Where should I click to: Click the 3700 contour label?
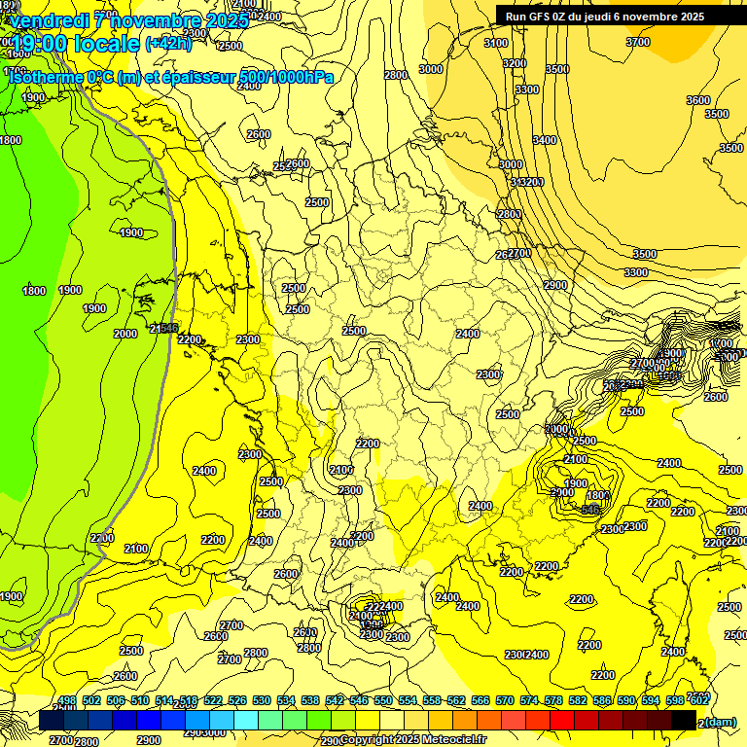(638, 42)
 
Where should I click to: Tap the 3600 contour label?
(698, 100)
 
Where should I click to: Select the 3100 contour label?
(496, 43)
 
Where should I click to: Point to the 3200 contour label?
(515, 63)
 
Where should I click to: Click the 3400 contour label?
(545, 140)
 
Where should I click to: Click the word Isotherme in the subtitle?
(45, 77)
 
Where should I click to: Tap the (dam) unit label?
(721, 722)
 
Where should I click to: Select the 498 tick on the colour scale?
(67, 700)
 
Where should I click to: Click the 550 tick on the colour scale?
(383, 700)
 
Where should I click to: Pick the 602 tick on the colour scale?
(698, 700)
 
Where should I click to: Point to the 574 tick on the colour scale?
(529, 700)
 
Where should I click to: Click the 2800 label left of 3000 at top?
(395, 75)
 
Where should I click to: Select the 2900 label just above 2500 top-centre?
(298, 163)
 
